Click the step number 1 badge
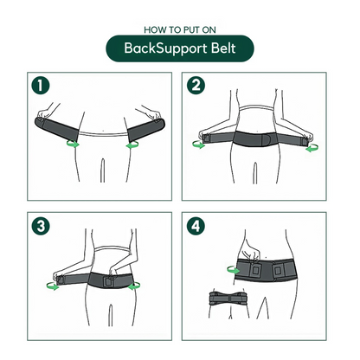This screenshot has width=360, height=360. click(x=38, y=87)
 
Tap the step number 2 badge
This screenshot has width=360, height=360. click(x=197, y=87)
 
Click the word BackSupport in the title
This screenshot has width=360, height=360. click(x=161, y=48)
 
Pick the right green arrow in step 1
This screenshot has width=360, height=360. click(x=134, y=146)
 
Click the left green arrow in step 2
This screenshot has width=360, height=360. click(x=200, y=146)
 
